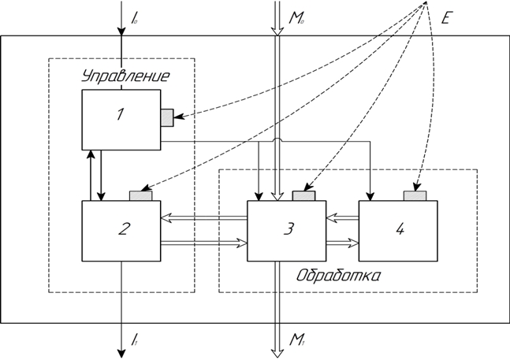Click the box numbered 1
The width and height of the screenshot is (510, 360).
coord(121,119)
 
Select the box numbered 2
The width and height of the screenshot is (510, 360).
coord(121,231)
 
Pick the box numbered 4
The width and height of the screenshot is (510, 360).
coord(398,231)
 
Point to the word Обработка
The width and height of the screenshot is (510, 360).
coord(339,276)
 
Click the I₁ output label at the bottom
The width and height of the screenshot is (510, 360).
coord(136,340)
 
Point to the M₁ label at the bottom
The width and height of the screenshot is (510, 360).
coord(297,340)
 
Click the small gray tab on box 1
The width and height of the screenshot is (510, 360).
coord(166,117)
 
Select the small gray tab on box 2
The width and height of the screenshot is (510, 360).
coord(143,195)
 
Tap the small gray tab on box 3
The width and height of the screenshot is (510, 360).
coord(303,195)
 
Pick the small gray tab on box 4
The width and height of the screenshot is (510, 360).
coord(415,195)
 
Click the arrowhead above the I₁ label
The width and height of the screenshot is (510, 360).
coord(121,349)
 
